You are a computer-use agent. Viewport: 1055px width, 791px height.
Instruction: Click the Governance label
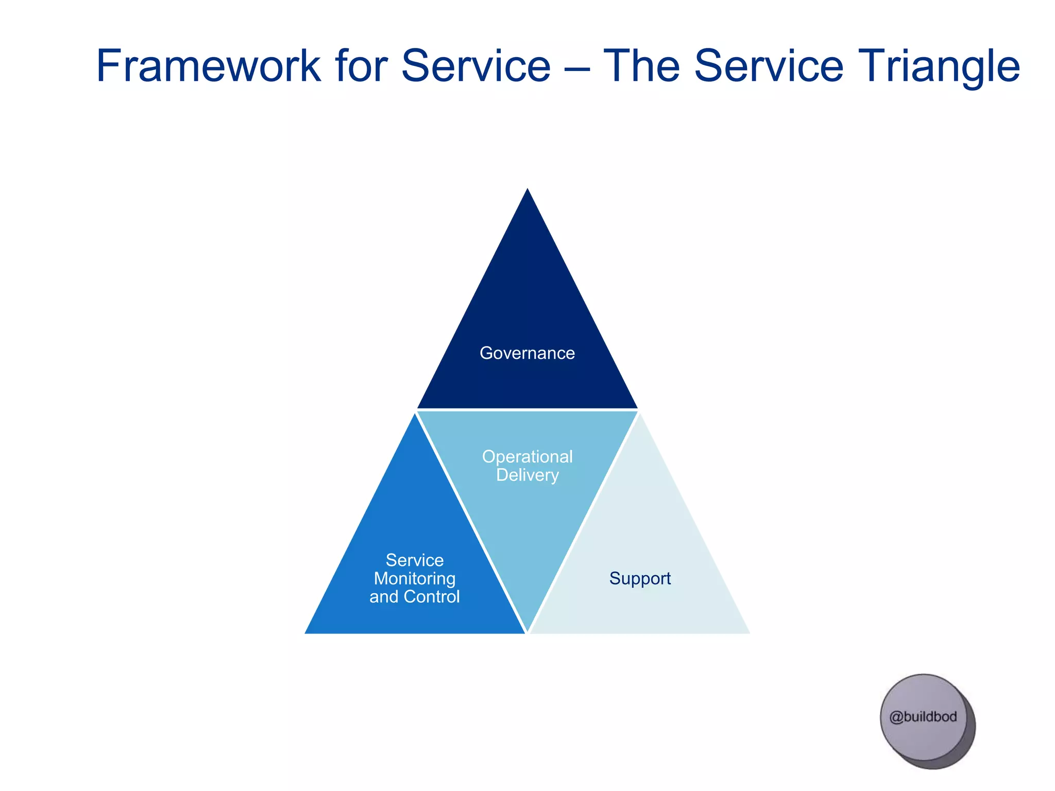coord(527,353)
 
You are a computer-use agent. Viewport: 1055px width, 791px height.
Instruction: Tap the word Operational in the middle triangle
coord(527,456)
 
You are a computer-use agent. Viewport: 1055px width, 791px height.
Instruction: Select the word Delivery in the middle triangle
coord(527,475)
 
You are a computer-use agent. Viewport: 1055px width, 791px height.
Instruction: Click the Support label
coord(640,578)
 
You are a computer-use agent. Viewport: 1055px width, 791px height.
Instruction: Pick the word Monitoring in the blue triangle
coord(414,578)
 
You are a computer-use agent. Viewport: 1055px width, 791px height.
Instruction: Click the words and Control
coord(414,597)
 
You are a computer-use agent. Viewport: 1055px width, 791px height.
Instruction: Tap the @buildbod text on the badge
coord(923,717)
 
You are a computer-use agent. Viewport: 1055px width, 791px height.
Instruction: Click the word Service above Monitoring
coord(414,560)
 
